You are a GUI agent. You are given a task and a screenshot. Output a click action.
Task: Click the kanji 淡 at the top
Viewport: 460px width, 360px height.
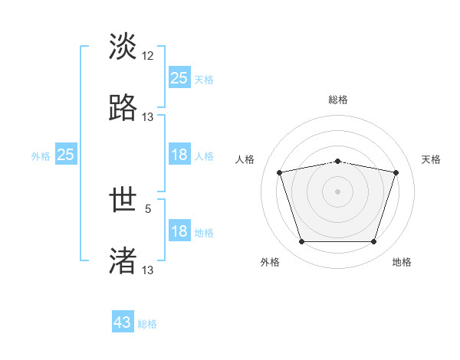coord(123,47)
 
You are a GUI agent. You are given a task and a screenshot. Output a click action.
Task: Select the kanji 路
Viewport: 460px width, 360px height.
coord(123,108)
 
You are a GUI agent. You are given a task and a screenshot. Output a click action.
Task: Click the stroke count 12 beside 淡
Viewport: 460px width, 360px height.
coord(148,56)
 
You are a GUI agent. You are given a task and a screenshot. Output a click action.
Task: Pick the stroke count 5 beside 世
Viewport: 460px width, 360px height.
coord(148,208)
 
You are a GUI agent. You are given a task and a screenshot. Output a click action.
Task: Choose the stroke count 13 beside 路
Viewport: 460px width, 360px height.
coord(148,117)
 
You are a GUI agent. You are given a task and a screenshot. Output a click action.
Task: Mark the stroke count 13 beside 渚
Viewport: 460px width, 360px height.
coord(148,270)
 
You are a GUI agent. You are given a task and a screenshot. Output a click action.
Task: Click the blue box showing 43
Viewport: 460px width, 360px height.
coord(123,322)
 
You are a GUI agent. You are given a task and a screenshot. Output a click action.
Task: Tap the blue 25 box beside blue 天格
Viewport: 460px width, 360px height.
coord(179,78)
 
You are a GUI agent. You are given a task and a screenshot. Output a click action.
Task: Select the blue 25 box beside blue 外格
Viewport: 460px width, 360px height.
coord(66,155)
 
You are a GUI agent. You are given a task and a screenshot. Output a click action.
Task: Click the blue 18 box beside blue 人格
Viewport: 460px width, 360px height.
coord(179,155)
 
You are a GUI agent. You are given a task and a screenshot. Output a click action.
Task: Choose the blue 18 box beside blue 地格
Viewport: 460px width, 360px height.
coord(179,231)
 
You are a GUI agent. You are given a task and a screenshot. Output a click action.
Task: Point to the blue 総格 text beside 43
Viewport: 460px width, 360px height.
coord(148,324)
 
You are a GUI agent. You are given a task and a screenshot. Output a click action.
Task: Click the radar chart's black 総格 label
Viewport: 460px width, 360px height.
coord(338,100)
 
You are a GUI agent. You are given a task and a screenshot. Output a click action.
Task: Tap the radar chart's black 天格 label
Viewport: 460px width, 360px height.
coord(432,159)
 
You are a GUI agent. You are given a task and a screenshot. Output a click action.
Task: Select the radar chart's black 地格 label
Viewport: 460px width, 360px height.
coord(402,263)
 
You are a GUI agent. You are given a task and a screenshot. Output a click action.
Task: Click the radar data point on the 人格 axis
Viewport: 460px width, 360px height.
coord(280,172)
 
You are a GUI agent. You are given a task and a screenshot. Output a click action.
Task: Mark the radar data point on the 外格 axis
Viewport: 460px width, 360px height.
coord(301,242)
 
